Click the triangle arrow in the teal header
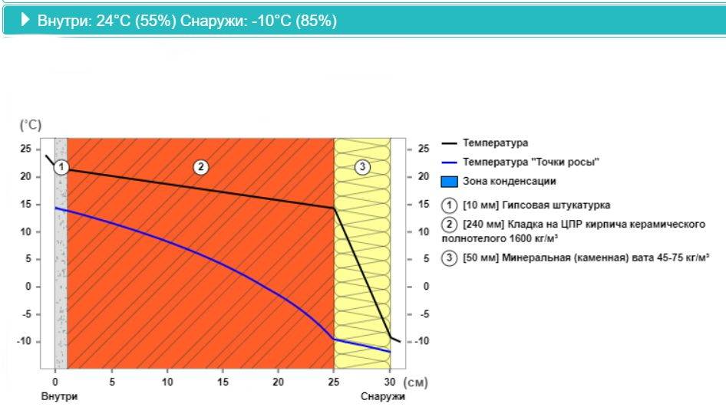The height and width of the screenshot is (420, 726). [26, 21]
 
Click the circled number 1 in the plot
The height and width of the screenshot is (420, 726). [62, 166]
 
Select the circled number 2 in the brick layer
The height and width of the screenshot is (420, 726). [201, 166]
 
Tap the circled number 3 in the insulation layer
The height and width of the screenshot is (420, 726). [363, 166]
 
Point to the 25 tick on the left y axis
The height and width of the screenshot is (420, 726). [26, 149]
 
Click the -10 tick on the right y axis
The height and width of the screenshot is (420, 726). [421, 341]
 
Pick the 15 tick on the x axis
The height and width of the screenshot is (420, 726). [223, 382]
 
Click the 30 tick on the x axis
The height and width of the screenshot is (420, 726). [390, 382]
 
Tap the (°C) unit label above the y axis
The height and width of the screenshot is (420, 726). [31, 124]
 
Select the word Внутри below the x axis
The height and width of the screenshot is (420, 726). [59, 397]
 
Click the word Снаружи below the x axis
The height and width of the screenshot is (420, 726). [382, 397]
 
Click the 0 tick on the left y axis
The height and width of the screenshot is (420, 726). [29, 287]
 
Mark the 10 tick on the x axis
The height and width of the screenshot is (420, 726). [167, 382]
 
